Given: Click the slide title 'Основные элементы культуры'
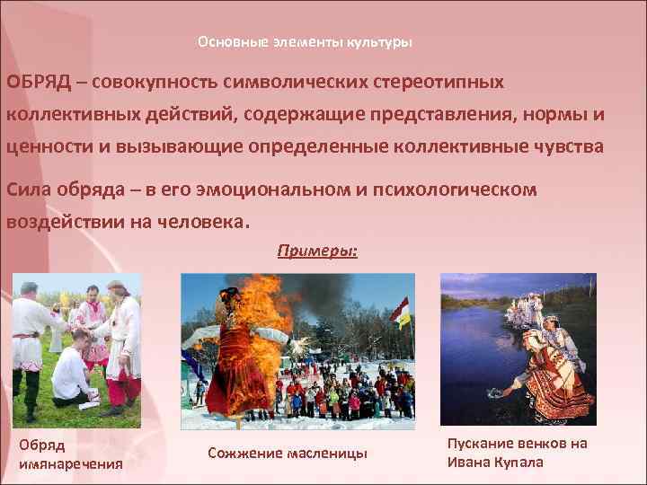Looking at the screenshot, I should pyautogui.click(x=305, y=42).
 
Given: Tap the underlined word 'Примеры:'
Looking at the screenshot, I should pyautogui.click(x=317, y=251).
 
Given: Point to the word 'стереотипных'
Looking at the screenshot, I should pyautogui.click(x=432, y=83).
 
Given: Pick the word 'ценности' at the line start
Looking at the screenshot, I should pyautogui.click(x=43, y=147).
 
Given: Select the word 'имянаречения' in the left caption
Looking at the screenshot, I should pyautogui.click(x=70, y=463).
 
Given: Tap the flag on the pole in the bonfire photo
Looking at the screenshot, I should pyautogui.click(x=400, y=311).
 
